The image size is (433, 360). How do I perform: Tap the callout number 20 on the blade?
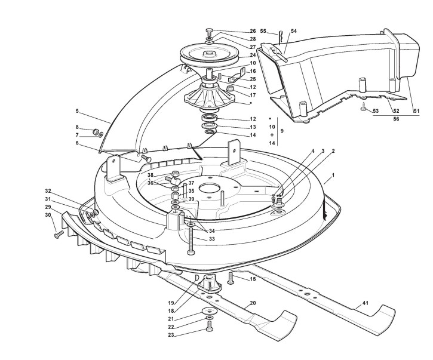[253, 303]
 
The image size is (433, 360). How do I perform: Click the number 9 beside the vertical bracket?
[282, 131]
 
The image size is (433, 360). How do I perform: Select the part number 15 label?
[253, 279]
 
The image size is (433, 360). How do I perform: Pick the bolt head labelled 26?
[209, 30]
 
